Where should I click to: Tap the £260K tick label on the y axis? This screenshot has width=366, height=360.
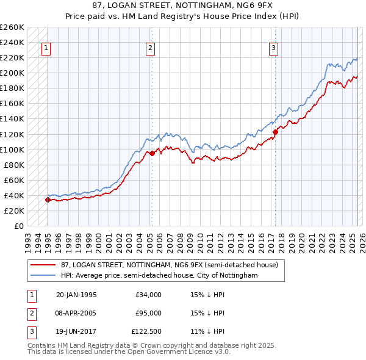[13, 27]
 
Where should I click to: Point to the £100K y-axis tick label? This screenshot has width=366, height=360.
[13, 149]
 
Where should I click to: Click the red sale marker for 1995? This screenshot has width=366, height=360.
[48, 200]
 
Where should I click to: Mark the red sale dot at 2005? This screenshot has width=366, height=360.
[151, 153]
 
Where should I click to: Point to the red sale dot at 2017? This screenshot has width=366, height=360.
[275, 132]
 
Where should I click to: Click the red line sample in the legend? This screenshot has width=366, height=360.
[44, 265]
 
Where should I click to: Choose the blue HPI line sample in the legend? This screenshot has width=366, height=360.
[44, 275]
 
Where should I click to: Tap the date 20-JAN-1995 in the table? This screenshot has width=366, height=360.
[76, 295]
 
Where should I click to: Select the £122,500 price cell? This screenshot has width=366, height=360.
[146, 331]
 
